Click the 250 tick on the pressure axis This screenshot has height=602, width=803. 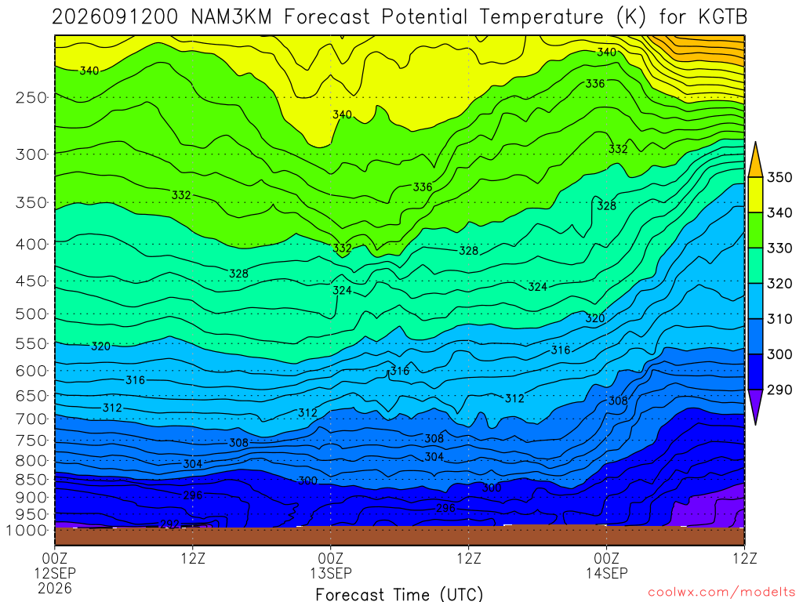31,97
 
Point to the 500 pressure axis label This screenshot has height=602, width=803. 31,314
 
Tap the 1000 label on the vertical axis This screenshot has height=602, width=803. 27,531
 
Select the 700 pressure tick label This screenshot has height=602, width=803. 31,419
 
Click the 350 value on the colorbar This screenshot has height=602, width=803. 779,177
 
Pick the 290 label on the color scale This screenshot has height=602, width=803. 779,390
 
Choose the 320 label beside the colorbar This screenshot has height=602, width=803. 779,283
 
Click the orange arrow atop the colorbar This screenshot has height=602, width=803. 755,159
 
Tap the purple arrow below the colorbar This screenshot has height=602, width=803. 755,407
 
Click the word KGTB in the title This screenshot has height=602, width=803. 722,17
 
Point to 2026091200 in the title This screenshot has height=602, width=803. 115,17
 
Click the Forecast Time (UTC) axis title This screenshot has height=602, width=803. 399,594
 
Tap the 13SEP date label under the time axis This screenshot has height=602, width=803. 331,573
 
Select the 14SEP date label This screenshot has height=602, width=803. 607,573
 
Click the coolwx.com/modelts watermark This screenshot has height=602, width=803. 721,593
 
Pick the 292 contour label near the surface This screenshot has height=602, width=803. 169,524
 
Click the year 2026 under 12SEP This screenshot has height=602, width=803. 55,588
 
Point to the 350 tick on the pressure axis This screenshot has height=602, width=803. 31,202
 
